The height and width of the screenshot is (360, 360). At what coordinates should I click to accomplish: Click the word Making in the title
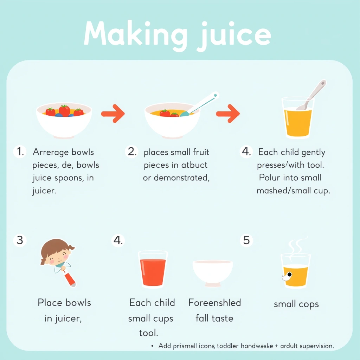coord(135,34)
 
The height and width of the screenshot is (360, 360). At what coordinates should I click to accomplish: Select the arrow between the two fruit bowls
coord(113,114)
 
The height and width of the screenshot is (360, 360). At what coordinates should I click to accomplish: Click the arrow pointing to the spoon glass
coord(228,114)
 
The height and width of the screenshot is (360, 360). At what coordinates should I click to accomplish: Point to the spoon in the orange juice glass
coord(311,95)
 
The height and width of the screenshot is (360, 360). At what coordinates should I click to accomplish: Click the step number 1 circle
coord(20,152)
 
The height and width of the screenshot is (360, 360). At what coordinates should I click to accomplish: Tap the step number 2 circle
coord(132,152)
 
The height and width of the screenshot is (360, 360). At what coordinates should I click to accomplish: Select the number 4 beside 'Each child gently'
coord(246,152)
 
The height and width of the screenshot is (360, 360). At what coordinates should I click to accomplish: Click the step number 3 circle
coord(20,240)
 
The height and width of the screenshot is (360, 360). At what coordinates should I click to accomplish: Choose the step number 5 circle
coord(246,240)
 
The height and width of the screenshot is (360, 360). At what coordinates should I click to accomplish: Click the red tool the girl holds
coord(69,279)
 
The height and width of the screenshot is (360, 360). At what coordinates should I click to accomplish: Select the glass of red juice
coord(153,269)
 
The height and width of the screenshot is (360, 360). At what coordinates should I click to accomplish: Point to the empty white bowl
coord(213,273)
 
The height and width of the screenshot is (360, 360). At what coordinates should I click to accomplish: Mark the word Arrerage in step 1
coord(51,152)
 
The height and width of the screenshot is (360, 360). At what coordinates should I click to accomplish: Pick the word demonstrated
coord(182,178)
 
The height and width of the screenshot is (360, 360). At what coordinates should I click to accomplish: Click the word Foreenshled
coord(215,303)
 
